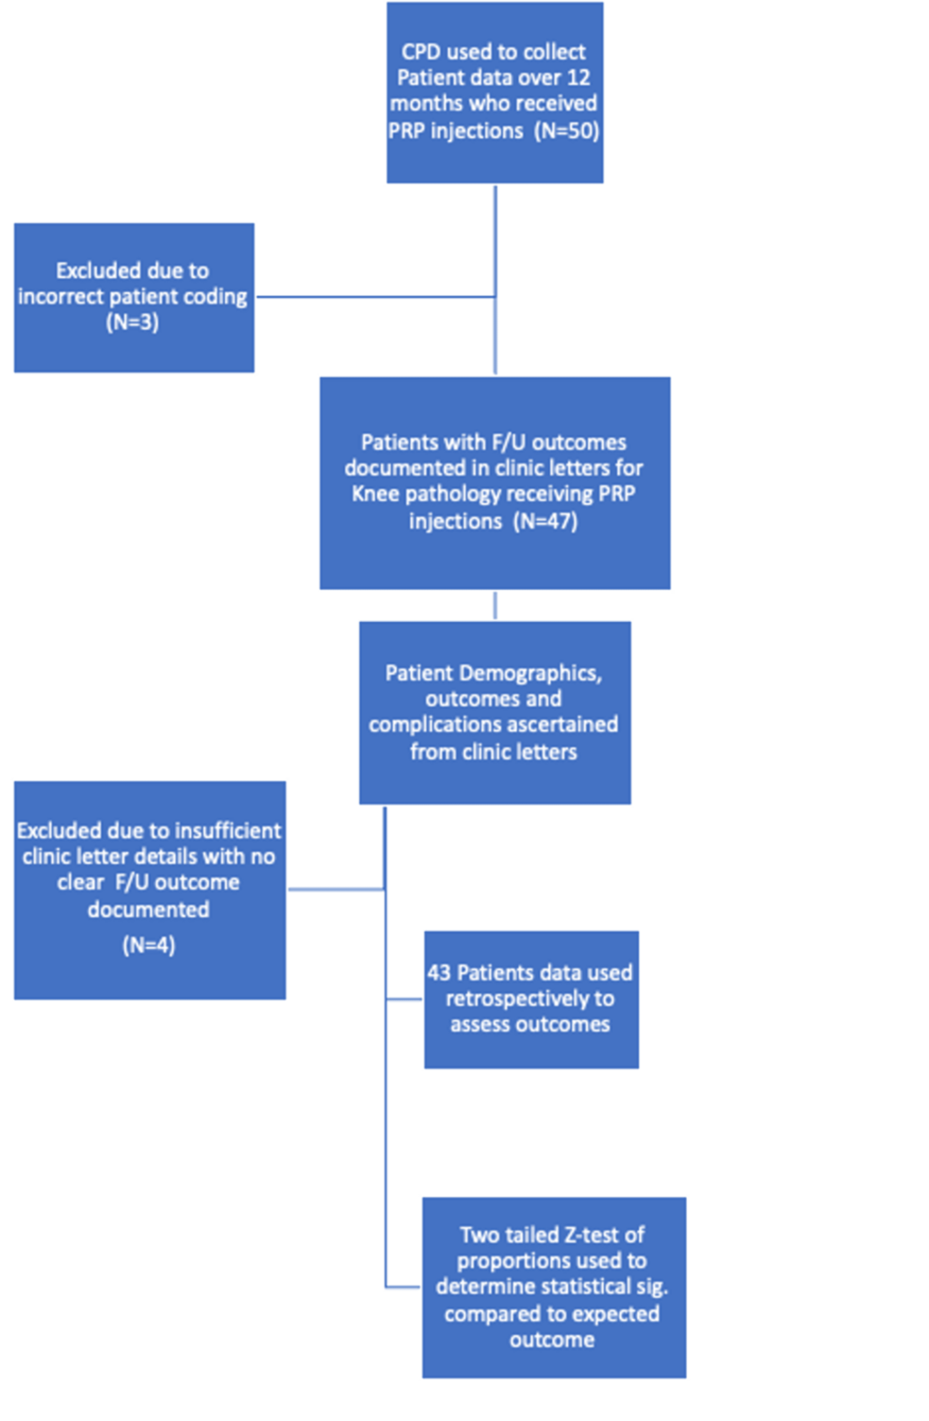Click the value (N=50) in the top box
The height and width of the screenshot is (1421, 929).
point(566,130)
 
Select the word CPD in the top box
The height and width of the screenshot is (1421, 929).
point(421,53)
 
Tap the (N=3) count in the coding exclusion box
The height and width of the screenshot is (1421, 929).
point(133,322)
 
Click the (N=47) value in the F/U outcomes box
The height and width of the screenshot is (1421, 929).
point(546,520)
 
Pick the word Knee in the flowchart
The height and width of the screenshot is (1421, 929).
point(375,494)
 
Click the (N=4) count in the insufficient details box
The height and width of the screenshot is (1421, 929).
point(149,945)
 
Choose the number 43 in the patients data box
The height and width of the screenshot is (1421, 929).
point(438,972)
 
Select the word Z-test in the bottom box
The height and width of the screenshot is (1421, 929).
point(584,1234)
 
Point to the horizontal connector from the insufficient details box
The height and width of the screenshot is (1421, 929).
point(335,889)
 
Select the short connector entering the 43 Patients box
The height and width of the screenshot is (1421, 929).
point(405,999)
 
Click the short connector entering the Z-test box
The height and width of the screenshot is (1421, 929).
point(403,1286)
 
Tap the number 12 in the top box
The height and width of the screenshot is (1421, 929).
point(579,78)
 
